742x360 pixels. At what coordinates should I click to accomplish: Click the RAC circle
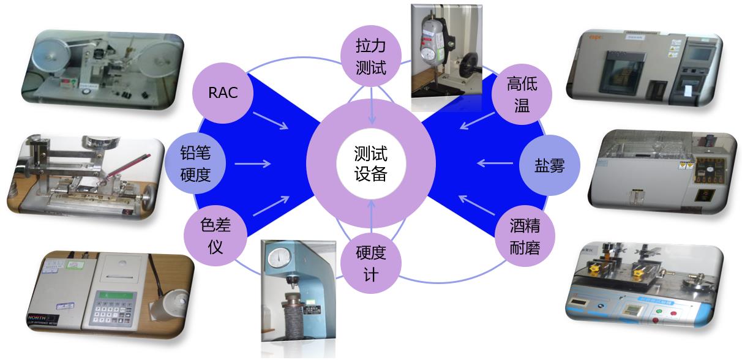tap(222, 93)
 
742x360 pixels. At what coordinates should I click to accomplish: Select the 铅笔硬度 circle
tap(195, 164)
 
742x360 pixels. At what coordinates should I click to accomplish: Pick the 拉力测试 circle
tap(371, 57)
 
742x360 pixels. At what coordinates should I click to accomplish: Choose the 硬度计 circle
tap(371, 264)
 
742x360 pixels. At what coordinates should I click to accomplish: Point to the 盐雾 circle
tap(549, 165)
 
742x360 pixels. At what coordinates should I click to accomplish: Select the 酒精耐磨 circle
tap(524, 236)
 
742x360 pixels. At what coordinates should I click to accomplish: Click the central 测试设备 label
tap(371, 164)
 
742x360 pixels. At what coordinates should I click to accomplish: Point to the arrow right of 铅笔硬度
tap(252, 163)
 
